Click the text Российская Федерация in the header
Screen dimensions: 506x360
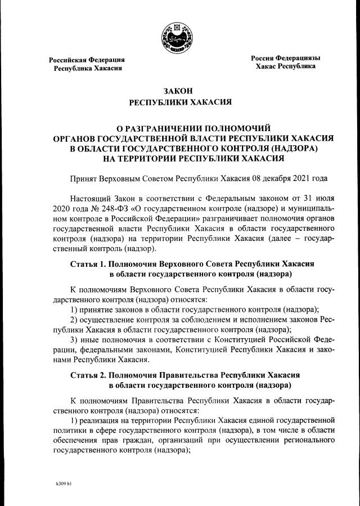click(x=87, y=60)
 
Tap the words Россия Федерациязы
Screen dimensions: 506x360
click(x=285, y=58)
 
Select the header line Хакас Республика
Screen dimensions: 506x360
click(x=285, y=66)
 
